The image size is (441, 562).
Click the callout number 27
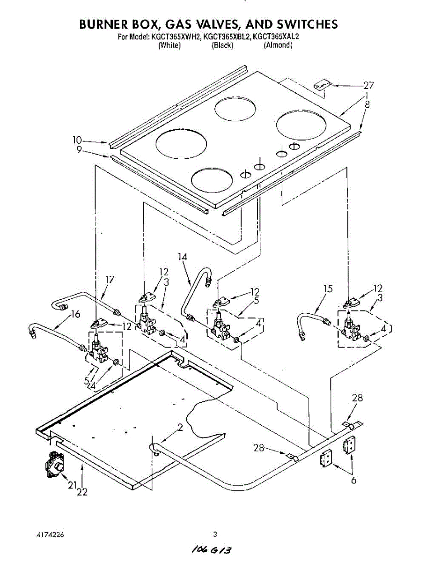point(369,85)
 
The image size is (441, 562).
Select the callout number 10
point(77,140)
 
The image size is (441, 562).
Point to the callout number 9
point(79,149)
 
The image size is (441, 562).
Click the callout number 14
point(183,256)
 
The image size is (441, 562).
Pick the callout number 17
point(110,280)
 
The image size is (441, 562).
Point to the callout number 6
point(354,481)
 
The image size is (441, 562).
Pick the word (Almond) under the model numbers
point(278,45)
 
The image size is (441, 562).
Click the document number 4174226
point(50,534)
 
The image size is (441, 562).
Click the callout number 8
point(367,105)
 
